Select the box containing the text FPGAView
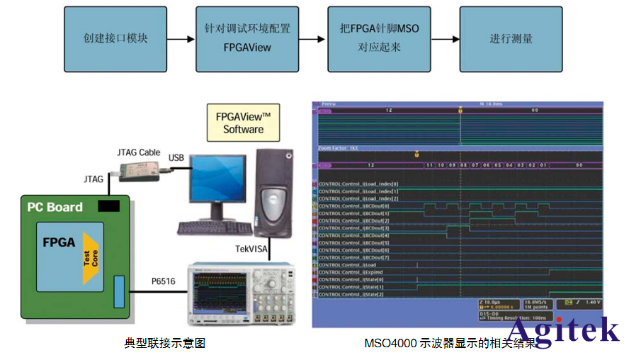pyautogui.click(x=246, y=39)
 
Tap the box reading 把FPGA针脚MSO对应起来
pyautogui.click(x=378, y=39)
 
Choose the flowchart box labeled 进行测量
pyautogui.click(x=511, y=39)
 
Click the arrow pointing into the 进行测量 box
pyautogui.click(x=445, y=39)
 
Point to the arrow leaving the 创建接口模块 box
pyautogui.click(x=181, y=39)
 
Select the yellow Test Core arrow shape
pyautogui.click(x=91, y=257)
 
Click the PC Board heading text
pyautogui.click(x=55, y=208)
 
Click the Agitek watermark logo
pyautogui.click(x=564, y=330)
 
